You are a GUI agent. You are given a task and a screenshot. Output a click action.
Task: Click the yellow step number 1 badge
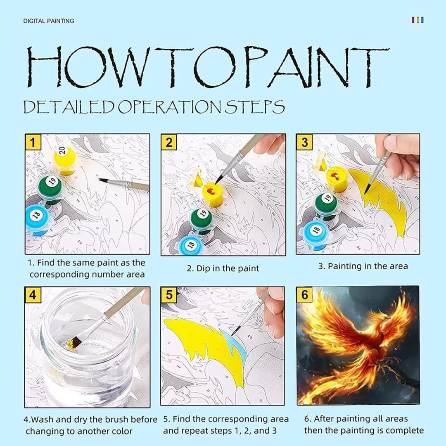pyautogui.click(x=33, y=142)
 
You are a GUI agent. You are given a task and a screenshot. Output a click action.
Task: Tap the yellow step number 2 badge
pyautogui.click(x=169, y=142)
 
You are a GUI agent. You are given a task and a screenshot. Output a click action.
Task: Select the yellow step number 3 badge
pyautogui.click(x=304, y=142)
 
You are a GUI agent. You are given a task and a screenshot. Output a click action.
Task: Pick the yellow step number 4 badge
pyautogui.click(x=33, y=295)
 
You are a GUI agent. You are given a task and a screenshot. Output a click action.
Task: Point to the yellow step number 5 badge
pyautogui.click(x=169, y=295)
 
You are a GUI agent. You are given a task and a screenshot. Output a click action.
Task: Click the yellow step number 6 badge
pyautogui.click(x=304, y=295)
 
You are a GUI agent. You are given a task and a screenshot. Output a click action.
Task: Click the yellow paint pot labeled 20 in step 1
pyautogui.click(x=65, y=160)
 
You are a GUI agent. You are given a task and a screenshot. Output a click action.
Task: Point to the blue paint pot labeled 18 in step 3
pyautogui.click(x=317, y=234)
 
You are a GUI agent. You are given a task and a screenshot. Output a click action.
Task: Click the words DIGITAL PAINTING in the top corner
pyautogui.click(x=49, y=21)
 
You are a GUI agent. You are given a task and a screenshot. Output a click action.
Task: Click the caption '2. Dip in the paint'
pyautogui.click(x=223, y=268)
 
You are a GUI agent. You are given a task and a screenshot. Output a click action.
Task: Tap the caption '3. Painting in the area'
pyautogui.click(x=363, y=266)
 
